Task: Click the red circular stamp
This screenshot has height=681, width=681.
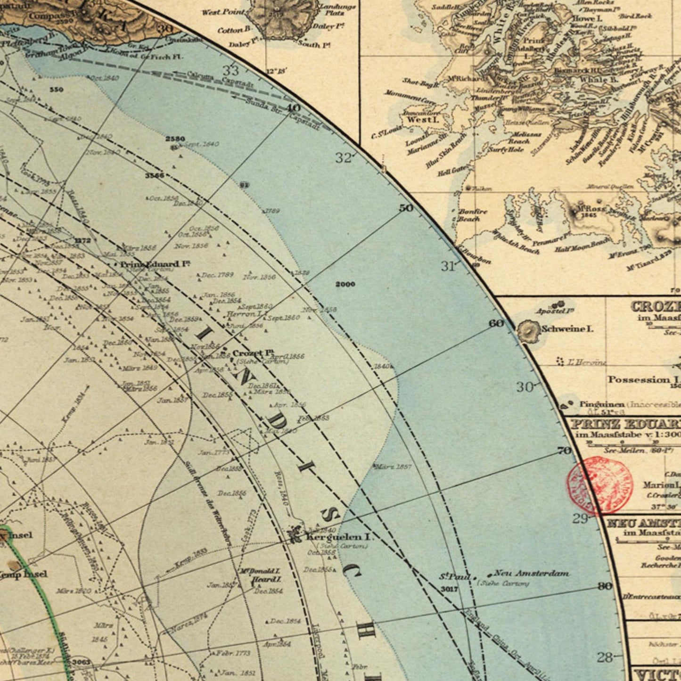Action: click(x=599, y=485)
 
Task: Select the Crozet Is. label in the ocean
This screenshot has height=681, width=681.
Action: click(x=253, y=353)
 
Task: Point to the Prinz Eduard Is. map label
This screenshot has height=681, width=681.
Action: click(x=155, y=264)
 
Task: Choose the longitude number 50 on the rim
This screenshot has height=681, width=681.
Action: click(x=406, y=208)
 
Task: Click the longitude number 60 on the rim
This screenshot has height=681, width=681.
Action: click(x=496, y=323)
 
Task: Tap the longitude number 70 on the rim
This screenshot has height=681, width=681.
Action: click(x=564, y=451)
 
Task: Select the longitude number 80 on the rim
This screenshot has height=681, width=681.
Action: click(x=605, y=586)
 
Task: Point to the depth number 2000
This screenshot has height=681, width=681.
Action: click(x=345, y=284)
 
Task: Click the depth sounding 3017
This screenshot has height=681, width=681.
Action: click(x=449, y=589)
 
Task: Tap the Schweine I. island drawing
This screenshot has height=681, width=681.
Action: click(x=528, y=331)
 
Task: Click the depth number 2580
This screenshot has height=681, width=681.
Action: click(x=175, y=139)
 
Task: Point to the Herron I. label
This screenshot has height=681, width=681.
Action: click(x=244, y=314)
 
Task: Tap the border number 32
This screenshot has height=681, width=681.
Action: click(x=344, y=158)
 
